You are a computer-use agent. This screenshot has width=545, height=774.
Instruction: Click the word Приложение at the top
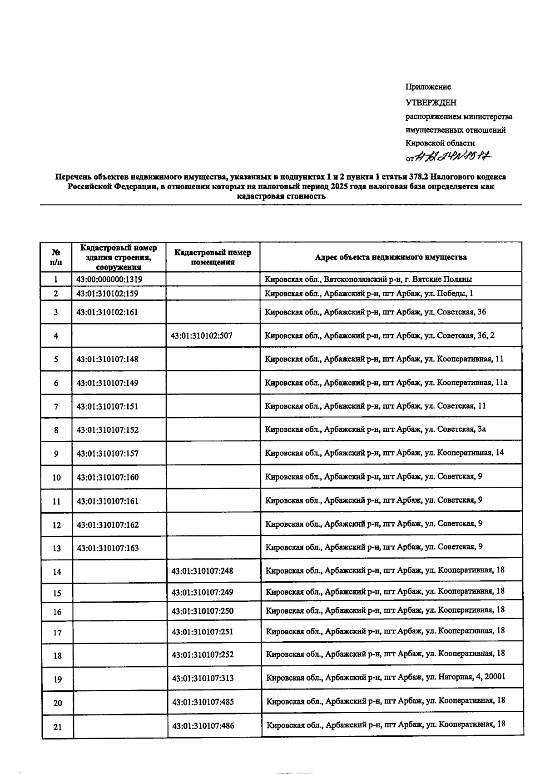coord(428,87)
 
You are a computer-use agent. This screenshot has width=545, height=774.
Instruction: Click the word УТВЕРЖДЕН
coord(431,103)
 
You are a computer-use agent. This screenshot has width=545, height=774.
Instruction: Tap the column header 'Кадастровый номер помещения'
coord(213,257)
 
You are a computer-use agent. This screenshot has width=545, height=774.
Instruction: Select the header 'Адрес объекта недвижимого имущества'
coord(391,257)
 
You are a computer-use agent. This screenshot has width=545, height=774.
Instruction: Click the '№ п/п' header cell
coord(56,257)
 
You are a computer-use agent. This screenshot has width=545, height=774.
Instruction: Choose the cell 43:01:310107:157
coord(108,454)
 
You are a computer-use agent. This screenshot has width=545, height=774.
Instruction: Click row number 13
coord(56,549)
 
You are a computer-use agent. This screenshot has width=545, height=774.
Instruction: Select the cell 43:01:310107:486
coord(203,726)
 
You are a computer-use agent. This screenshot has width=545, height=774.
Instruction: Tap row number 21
coord(57,727)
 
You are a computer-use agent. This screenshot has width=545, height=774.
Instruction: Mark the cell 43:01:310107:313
coord(203,679)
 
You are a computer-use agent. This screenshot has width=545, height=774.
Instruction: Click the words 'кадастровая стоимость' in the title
coord(281,197)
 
